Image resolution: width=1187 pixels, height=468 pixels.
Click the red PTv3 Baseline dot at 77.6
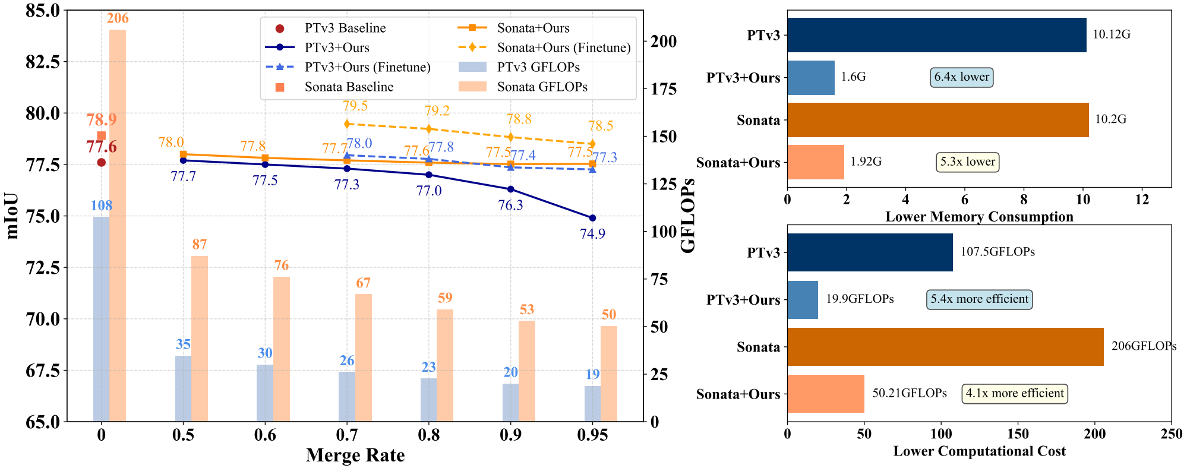(102, 162)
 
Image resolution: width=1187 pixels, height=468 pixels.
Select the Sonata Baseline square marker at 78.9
(102, 136)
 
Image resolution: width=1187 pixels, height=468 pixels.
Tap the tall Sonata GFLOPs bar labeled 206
(118, 226)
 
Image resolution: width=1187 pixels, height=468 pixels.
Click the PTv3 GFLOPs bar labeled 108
(101, 319)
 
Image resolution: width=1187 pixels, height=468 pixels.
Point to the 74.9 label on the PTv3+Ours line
(592, 234)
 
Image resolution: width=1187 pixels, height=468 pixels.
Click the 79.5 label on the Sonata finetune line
(355, 106)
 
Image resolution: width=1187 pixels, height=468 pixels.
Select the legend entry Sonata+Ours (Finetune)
(563, 48)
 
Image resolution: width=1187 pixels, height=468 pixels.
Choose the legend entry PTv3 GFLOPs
(538, 67)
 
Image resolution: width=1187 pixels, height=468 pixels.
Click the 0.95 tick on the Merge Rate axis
(592, 435)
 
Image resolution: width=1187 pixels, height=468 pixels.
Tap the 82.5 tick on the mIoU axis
(43, 62)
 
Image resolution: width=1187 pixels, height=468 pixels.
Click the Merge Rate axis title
(355, 455)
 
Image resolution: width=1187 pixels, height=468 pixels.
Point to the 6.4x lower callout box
(961, 77)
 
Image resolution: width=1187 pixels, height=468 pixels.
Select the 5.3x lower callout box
(967, 162)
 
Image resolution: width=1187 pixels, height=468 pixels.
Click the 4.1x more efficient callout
(1014, 393)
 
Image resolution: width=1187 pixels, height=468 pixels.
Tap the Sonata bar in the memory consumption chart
(937, 120)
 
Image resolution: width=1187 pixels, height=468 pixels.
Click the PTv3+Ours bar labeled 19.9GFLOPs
(803, 299)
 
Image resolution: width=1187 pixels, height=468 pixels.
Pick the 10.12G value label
(1111, 34)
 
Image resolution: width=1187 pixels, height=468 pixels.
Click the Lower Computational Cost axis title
(979, 451)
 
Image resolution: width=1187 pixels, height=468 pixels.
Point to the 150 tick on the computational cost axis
(1018, 434)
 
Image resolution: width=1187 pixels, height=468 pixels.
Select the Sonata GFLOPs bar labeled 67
(364, 358)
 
